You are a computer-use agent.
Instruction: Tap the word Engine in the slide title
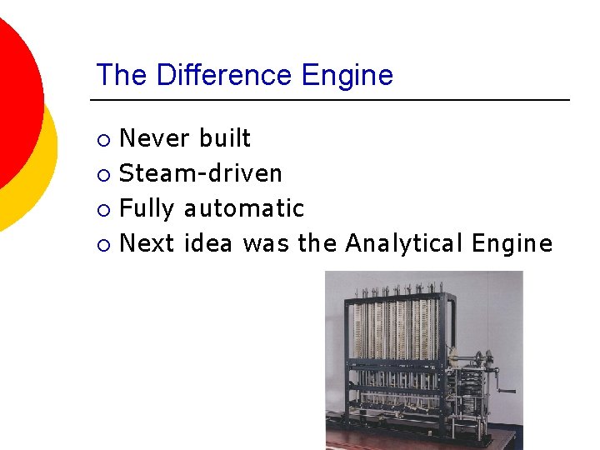(x=347, y=76)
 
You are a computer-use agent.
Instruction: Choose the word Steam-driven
(x=201, y=173)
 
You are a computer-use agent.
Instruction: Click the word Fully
(x=147, y=208)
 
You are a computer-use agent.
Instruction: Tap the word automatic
(x=244, y=208)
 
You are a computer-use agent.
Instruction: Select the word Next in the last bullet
(x=147, y=243)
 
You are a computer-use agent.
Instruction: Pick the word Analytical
(x=403, y=243)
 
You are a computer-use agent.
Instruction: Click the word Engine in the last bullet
(x=512, y=243)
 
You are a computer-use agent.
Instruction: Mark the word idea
(x=208, y=243)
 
